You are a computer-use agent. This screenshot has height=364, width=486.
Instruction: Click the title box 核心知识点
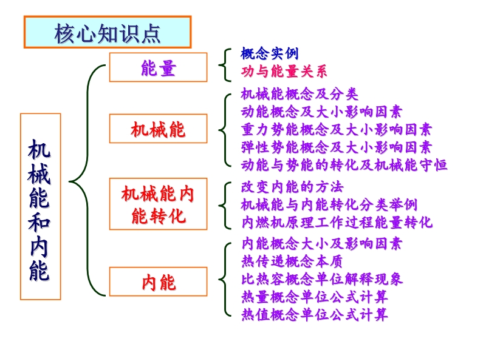pyautogui.click(x=108, y=32)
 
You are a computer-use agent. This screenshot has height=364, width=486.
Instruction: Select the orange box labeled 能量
pyautogui.click(x=158, y=67)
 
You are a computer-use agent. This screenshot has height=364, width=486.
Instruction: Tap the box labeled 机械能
pyautogui.click(x=158, y=129)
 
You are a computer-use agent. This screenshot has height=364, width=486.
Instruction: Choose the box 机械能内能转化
pyautogui.click(x=158, y=204)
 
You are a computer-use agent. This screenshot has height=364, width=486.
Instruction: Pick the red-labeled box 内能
pyautogui.click(x=158, y=281)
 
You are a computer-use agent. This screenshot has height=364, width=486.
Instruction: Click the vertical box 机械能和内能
pyautogui.click(x=40, y=207)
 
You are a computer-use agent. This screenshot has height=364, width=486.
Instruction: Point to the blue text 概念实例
pyautogui.click(x=269, y=53)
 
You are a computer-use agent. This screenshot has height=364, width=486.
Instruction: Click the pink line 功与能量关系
pyautogui.click(x=284, y=71)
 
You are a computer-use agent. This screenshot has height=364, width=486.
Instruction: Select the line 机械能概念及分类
pyautogui.click(x=299, y=94)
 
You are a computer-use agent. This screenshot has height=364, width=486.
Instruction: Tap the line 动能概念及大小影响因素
pyautogui.click(x=321, y=112)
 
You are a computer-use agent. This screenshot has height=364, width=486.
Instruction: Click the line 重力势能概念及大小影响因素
pyautogui.click(x=337, y=129)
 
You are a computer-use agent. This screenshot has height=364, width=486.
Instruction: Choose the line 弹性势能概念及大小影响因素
pyautogui.click(x=337, y=147)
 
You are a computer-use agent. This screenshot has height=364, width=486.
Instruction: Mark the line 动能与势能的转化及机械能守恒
pyautogui.click(x=344, y=164)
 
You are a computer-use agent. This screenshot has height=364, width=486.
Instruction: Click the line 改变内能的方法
pyautogui.click(x=292, y=187)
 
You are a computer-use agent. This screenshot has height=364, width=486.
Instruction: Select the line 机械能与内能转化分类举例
pyautogui.click(x=329, y=204)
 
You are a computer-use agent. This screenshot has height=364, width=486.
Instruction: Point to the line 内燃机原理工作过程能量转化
pyautogui.click(x=337, y=222)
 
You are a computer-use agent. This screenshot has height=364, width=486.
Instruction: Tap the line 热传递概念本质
pyautogui.click(x=292, y=261)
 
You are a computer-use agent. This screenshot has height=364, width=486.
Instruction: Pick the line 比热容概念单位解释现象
pyautogui.click(x=322, y=279)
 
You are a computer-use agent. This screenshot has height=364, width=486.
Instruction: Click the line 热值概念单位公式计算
pyautogui.click(x=315, y=314)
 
